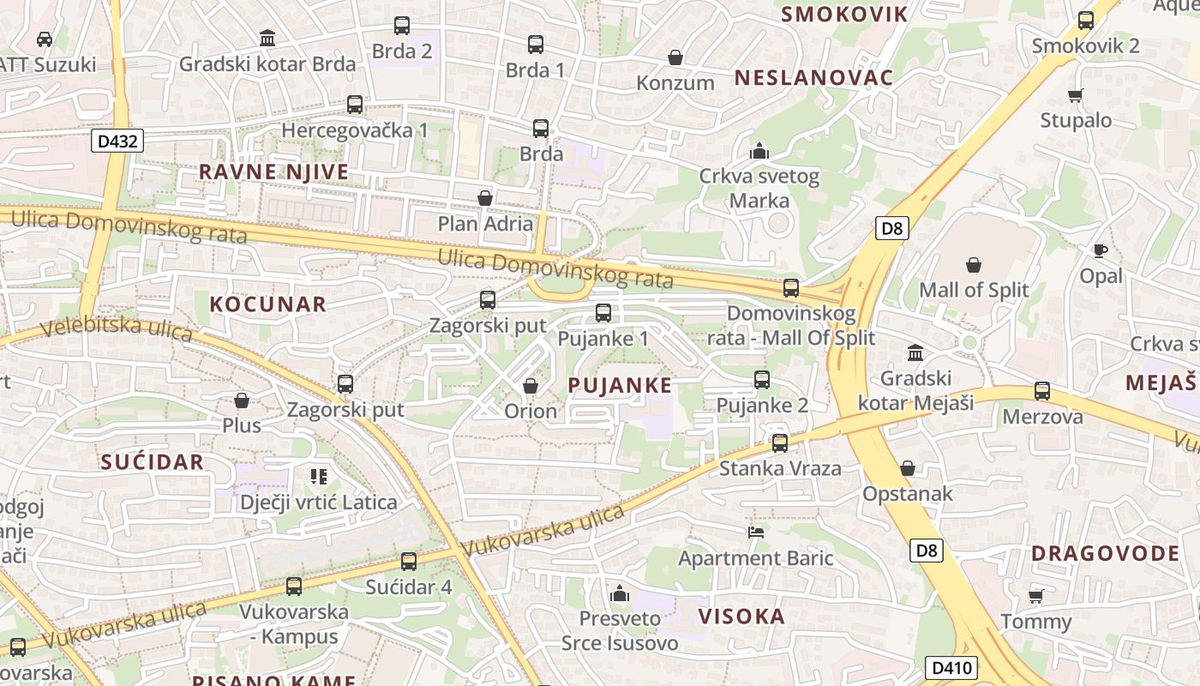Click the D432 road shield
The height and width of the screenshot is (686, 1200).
pyautogui.click(x=117, y=141)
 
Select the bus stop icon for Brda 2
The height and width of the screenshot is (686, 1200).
pyautogui.click(x=402, y=26)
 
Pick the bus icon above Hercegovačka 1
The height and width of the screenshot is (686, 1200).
pyautogui.click(x=355, y=105)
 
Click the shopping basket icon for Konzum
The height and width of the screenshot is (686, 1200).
pyautogui.click(x=675, y=57)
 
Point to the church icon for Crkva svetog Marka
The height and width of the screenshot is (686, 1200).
pyautogui.click(x=759, y=152)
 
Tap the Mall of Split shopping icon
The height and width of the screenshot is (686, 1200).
pyautogui.click(x=974, y=265)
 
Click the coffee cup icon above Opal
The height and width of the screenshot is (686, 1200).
pyautogui.click(x=1101, y=250)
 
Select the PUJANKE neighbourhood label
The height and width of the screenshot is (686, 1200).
pyautogui.click(x=620, y=386)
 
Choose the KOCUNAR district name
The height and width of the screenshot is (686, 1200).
pyautogui.click(x=268, y=304)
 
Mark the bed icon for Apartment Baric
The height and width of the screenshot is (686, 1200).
pyautogui.click(x=756, y=533)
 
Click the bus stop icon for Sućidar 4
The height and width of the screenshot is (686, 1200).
pyautogui.click(x=409, y=562)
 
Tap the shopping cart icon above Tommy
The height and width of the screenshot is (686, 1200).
pyautogui.click(x=1036, y=595)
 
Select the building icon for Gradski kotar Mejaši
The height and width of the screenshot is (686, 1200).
pyautogui.click(x=915, y=352)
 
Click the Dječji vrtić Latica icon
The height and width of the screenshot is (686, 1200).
pyautogui.click(x=319, y=477)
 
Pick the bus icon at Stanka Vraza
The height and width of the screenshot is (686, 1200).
pyautogui.click(x=780, y=443)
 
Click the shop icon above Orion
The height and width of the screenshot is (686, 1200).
pyautogui.click(x=531, y=386)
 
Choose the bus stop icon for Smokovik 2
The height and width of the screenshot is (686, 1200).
pyautogui.click(x=1086, y=21)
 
